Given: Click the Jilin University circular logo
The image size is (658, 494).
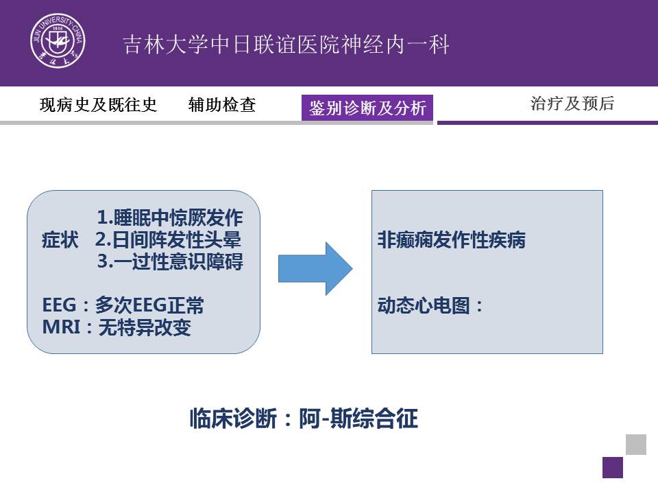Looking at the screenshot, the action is (58, 40).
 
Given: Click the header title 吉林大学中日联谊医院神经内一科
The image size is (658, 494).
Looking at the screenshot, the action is (287, 45).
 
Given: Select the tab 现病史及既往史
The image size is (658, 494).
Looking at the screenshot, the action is (98, 104).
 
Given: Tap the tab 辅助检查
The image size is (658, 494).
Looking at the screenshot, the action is (222, 104).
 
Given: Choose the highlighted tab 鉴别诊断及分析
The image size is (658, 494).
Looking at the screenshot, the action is (367, 108).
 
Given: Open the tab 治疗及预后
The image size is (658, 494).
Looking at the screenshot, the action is (572, 104).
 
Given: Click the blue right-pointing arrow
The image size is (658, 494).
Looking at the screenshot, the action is (315, 268).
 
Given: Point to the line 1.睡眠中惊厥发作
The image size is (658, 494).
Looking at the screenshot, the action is (170, 217).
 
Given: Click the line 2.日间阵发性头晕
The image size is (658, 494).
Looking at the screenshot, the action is (168, 239).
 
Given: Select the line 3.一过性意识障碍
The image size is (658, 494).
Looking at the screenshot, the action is (170, 261).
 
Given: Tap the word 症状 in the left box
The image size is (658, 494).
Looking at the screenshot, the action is (60, 240).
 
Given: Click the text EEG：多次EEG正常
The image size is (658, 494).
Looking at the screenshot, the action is (123, 305).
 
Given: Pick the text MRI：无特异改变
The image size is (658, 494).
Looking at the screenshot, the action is (117, 327).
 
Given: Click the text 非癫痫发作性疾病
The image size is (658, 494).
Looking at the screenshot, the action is (452, 240).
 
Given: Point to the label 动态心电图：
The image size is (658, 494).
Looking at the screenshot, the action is (431, 305).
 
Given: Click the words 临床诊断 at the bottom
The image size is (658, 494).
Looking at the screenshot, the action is (233, 419).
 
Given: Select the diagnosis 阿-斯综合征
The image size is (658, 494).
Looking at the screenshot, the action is (358, 419).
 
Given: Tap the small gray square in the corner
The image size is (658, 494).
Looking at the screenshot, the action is (636, 445).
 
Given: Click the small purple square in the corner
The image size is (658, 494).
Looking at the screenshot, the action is (613, 467).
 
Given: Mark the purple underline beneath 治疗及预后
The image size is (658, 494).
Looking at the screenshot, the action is (548, 123).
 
